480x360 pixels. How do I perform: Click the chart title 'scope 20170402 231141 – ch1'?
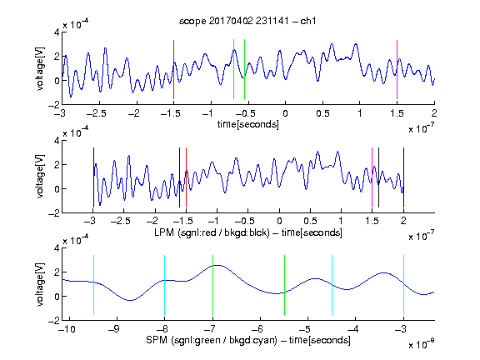pos(247,21)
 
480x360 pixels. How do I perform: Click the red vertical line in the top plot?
pos(173,69)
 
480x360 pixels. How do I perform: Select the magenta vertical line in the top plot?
pos(397,69)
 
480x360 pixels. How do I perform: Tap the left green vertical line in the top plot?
pos(233,69)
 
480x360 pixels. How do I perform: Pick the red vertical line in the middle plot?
pos(186,177)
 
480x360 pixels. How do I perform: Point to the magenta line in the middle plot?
pos(372,177)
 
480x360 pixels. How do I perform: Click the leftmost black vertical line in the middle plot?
pos(93,177)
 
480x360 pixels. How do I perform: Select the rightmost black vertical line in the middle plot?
pos(403,177)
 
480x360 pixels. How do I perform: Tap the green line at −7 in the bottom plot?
pos(212,285)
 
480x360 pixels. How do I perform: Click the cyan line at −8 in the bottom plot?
pos(165,285)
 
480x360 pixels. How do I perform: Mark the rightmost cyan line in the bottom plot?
pos(403,285)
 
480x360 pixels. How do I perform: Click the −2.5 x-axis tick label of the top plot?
pos(96,113)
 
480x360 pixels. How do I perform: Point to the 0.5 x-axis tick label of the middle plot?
pos(310,221)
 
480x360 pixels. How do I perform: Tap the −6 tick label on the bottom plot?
pos(257,329)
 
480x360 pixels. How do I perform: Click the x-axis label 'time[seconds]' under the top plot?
pos(248,124)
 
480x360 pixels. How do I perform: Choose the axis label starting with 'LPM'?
pos(248,232)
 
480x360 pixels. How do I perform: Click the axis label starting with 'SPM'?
pos(248,340)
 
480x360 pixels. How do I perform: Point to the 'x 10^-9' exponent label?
pos(421,344)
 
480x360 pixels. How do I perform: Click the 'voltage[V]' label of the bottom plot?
pos(40,284)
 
